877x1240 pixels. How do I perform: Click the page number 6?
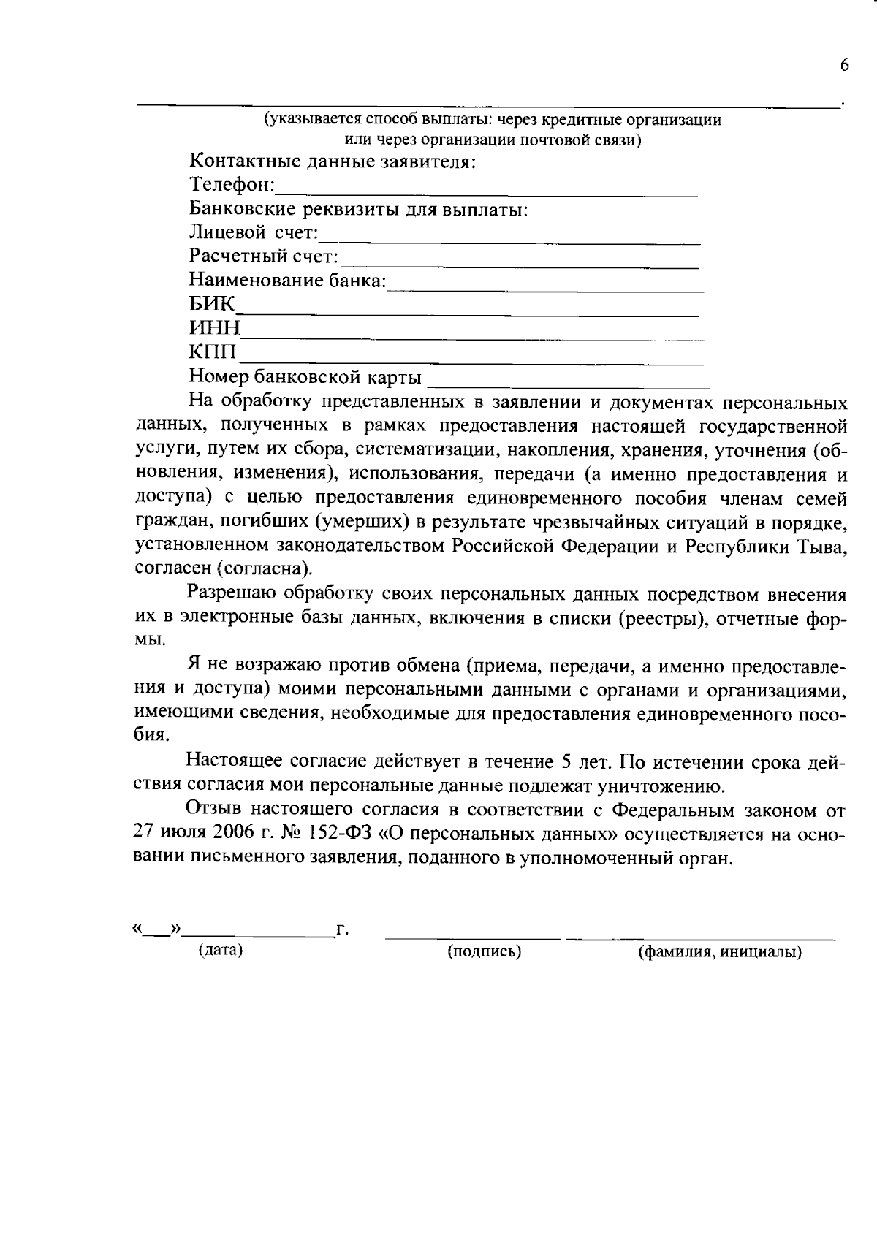tap(845, 66)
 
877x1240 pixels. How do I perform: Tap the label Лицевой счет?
tap(254, 233)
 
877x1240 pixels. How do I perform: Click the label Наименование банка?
tap(287, 280)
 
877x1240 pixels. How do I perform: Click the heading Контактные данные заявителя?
tap(333, 161)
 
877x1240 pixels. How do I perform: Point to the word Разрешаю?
tap(232, 594)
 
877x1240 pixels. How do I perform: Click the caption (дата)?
tap(220, 950)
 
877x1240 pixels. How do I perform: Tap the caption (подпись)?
tap(484, 951)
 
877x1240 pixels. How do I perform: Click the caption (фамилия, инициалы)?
tap(720, 952)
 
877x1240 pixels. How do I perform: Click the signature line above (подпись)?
tap(473, 935)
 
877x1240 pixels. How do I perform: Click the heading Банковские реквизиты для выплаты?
tap(358, 210)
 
